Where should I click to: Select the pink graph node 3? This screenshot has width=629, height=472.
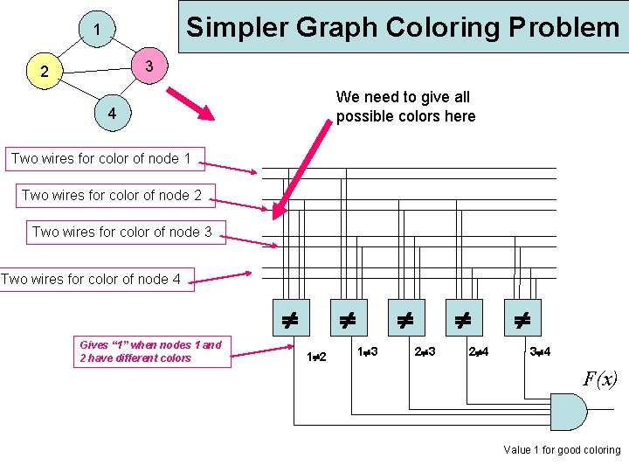click(149, 66)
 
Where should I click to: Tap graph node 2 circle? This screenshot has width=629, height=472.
click(45, 72)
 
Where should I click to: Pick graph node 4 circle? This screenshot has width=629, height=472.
click(112, 115)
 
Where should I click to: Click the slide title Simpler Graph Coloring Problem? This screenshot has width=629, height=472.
click(403, 27)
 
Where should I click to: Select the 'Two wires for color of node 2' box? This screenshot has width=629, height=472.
click(112, 195)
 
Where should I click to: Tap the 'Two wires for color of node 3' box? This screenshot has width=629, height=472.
click(121, 232)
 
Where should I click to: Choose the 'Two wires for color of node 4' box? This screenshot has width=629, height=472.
click(96, 279)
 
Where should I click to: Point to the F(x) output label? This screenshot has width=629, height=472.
click(600, 378)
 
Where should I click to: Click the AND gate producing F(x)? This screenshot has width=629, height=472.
click(567, 411)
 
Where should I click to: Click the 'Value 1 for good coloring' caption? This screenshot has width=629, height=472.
click(562, 450)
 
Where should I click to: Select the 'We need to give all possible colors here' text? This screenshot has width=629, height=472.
click(405, 107)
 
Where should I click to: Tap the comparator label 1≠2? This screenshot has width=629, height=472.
click(316, 357)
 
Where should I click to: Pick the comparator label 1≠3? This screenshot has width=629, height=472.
click(368, 351)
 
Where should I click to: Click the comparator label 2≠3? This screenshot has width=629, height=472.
click(425, 351)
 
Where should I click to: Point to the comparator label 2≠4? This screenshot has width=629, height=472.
click(478, 351)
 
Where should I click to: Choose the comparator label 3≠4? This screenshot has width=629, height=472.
click(541, 351)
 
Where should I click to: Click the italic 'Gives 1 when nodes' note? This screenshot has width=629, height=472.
click(150, 351)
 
